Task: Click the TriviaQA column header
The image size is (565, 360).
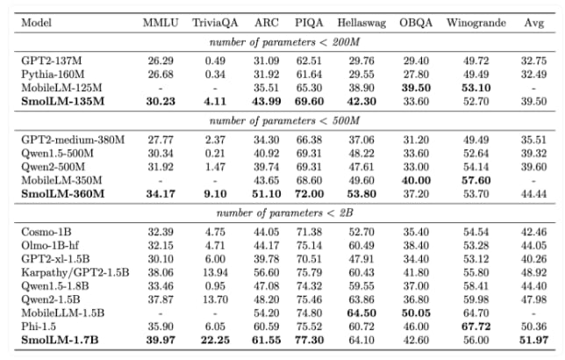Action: (x=215, y=23)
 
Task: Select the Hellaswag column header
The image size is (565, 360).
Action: (x=361, y=23)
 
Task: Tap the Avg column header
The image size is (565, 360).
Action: (x=533, y=23)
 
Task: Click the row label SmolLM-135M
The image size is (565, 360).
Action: (x=62, y=101)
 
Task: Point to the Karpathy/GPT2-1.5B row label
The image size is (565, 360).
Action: (x=75, y=272)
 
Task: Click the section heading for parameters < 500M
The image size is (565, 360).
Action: (x=284, y=120)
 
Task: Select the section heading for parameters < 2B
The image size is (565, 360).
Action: (x=284, y=212)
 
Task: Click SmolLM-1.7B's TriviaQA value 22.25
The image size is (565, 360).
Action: (x=215, y=340)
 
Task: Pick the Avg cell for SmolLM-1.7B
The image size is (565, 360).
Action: (x=533, y=340)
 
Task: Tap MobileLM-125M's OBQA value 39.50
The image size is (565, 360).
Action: (x=416, y=88)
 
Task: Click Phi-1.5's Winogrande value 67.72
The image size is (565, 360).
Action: (x=476, y=327)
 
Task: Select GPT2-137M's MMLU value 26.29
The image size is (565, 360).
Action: (x=161, y=61)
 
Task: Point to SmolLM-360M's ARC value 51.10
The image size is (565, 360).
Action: (x=267, y=194)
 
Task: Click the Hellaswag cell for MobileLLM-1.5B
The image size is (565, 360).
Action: (x=361, y=313)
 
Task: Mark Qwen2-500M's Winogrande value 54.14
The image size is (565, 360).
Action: (x=476, y=167)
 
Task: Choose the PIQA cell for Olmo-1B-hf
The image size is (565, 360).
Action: (x=309, y=245)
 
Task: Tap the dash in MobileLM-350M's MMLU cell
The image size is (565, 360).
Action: (x=161, y=180)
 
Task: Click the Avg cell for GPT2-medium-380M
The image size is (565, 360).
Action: (x=533, y=140)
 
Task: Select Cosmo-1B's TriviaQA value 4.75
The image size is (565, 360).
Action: (x=215, y=232)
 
